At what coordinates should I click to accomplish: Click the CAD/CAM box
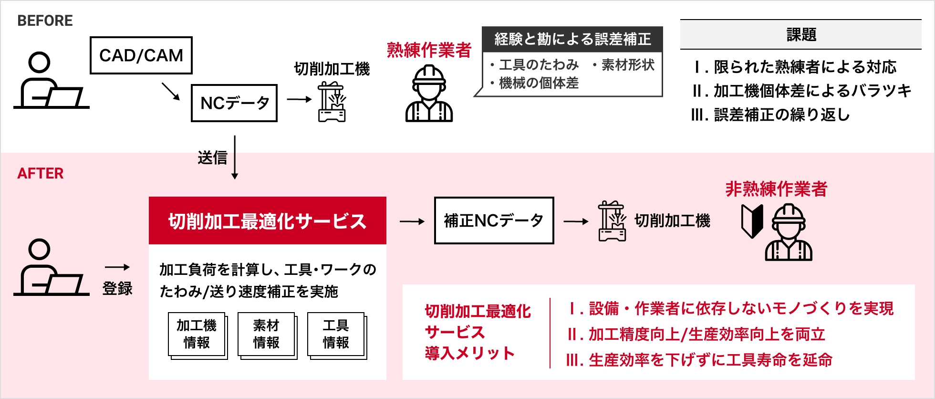(141, 55)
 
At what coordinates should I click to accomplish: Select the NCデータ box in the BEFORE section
(234, 103)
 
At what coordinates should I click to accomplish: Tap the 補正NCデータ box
(494, 220)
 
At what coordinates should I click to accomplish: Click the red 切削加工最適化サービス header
(267, 221)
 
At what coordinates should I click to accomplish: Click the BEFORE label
(45, 21)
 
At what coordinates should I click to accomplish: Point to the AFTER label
(41, 173)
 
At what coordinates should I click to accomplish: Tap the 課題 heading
(801, 35)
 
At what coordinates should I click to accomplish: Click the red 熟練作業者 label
(429, 50)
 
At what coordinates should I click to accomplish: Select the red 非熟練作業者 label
(776, 189)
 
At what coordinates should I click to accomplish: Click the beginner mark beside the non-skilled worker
(752, 221)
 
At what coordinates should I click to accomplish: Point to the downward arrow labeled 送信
(235, 157)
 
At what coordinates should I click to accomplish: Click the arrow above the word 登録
(117, 267)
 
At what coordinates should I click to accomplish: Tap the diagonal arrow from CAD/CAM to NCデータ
(170, 91)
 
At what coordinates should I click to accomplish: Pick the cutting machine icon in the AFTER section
(612, 221)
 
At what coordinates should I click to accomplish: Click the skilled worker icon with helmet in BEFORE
(429, 94)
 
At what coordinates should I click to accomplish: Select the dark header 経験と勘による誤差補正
(572, 39)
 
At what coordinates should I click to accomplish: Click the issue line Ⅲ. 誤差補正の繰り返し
(770, 115)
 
